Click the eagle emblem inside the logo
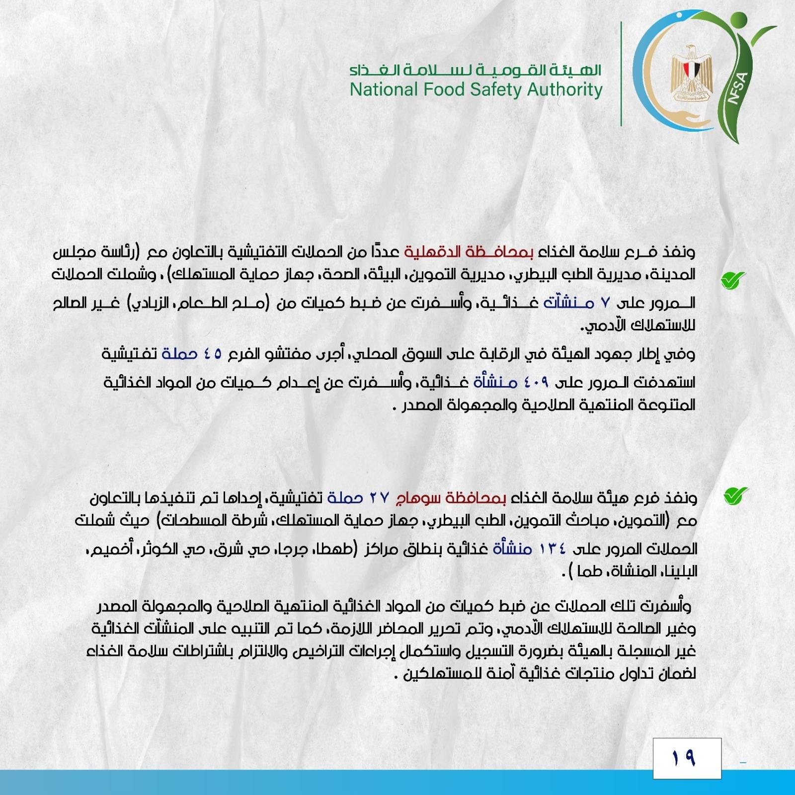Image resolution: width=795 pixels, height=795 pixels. point(691,74)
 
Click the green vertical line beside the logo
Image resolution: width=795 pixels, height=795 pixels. point(621,74)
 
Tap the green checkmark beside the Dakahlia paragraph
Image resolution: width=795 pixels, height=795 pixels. point(733,280)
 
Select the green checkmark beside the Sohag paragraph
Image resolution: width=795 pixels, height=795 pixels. point(736,496)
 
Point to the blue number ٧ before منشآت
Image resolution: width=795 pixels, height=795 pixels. point(604,303)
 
